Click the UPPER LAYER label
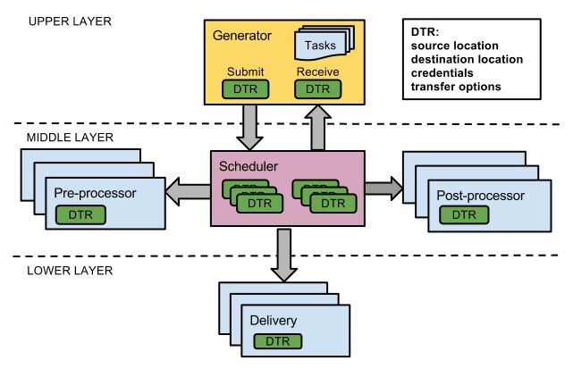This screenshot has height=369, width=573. pyautogui.click(x=69, y=21)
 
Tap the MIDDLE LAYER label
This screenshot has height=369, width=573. pyautogui.click(x=71, y=137)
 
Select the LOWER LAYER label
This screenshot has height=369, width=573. pyautogui.click(x=69, y=271)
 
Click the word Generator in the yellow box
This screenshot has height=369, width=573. pyautogui.click(x=242, y=36)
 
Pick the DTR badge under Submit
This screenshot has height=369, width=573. pyautogui.click(x=245, y=88)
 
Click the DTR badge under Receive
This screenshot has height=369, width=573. pyautogui.click(x=317, y=88)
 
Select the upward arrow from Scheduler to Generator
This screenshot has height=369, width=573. pyautogui.click(x=317, y=126)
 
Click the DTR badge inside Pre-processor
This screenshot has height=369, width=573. pyautogui.click(x=80, y=214)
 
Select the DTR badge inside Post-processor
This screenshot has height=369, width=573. pyautogui.click(x=464, y=214)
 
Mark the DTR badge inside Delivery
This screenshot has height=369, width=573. pyautogui.click(x=278, y=341)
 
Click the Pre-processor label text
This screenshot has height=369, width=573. pyautogui.click(x=94, y=193)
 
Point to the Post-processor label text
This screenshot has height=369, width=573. pyautogui.click(x=480, y=195)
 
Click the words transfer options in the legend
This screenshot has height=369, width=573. pyautogui.click(x=455, y=87)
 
